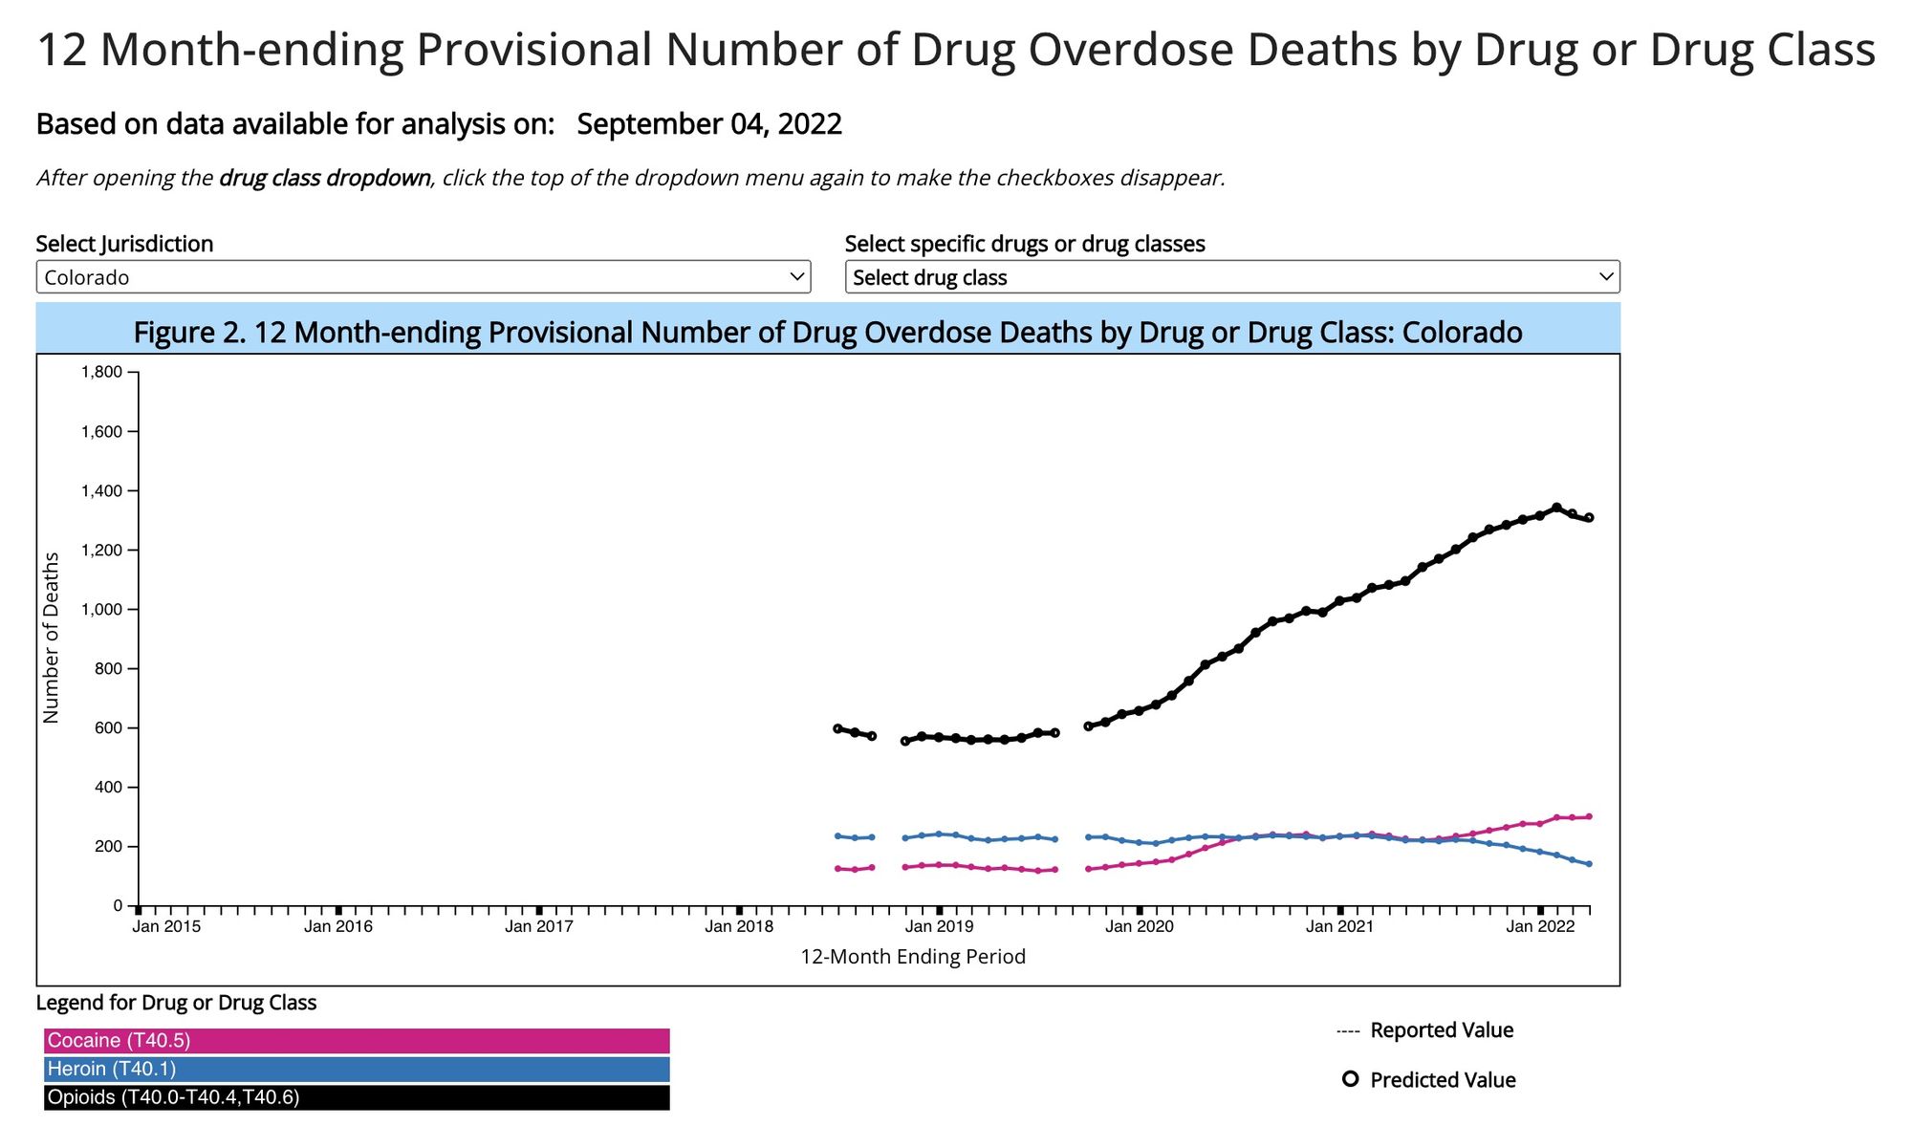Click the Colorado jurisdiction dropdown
tap(423, 277)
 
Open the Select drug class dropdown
tap(1231, 277)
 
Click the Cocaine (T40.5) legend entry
tap(356, 1041)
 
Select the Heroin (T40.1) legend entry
tap(356, 1070)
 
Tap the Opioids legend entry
tap(356, 1098)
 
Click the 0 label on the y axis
tap(118, 906)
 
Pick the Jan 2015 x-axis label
tap(166, 926)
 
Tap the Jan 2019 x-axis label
tap(939, 926)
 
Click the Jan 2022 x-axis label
tap(1539, 926)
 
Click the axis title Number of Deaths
tap(52, 638)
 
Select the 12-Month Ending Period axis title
tap(912, 957)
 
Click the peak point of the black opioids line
tap(1556, 508)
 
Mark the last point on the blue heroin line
tap(1589, 864)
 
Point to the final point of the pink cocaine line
tap(1589, 816)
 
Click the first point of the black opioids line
tap(837, 728)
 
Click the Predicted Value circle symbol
tap(1350, 1079)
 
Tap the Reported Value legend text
tap(1441, 1030)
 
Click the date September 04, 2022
tap(708, 124)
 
